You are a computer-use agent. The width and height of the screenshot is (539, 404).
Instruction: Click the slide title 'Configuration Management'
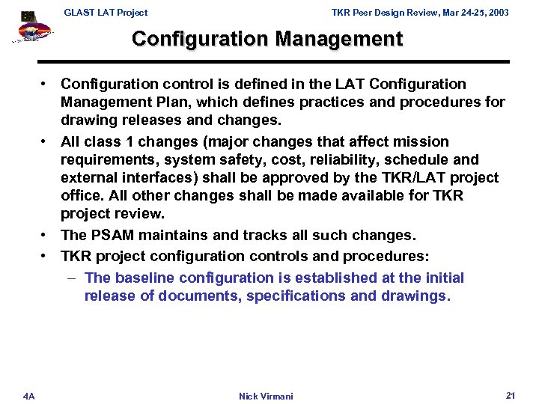pyautogui.click(x=267, y=39)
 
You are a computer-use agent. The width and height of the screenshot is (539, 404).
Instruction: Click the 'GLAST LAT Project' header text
pyautogui.click(x=106, y=12)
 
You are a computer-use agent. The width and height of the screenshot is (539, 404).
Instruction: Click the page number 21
pyautogui.click(x=511, y=394)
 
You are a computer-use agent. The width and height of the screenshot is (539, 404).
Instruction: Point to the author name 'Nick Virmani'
pyautogui.click(x=266, y=396)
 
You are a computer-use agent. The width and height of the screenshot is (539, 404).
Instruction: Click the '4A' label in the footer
pyautogui.click(x=28, y=395)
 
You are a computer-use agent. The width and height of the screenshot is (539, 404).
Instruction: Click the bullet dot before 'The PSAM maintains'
pyautogui.click(x=46, y=236)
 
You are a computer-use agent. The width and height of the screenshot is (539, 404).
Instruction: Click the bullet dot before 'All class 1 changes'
pyautogui.click(x=46, y=141)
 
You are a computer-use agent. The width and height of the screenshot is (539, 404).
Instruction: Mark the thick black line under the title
pyautogui.click(x=274, y=61)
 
